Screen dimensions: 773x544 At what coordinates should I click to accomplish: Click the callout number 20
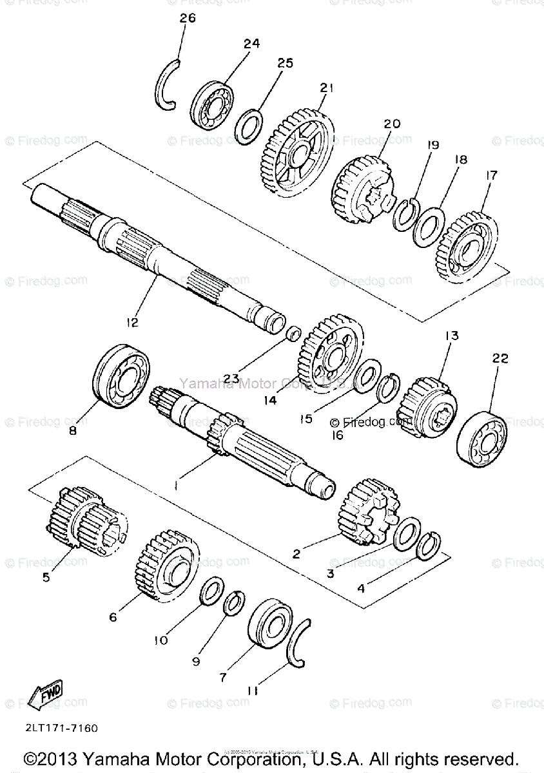pos(374,123)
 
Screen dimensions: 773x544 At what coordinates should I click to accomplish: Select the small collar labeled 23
pos(293,334)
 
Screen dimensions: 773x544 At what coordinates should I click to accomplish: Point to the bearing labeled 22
pos(483,440)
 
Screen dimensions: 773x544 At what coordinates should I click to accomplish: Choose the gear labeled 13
pos(427,403)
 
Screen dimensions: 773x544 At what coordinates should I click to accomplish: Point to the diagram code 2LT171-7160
pos(62,729)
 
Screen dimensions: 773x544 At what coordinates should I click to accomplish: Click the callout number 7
pos(223,678)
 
